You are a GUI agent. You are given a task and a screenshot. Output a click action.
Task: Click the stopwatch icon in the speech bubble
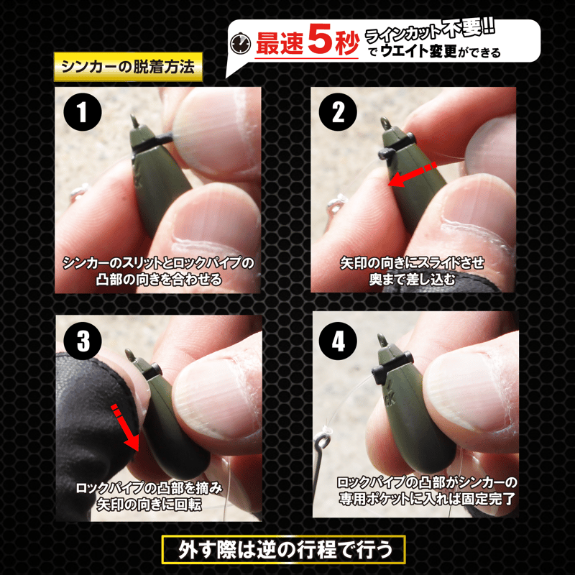coord(240,44)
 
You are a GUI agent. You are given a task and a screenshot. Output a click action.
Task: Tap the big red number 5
coord(321,40)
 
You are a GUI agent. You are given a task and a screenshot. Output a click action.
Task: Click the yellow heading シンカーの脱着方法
coord(128,66)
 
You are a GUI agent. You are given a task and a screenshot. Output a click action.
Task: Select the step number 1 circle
coord(83,112)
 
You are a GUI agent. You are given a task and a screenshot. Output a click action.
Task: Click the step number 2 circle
coord(338,112)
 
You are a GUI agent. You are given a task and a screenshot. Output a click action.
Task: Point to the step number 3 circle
coord(83,341)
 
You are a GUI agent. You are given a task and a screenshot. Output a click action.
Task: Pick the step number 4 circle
coord(338,341)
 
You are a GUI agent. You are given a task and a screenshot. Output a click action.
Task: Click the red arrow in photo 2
coord(412,175)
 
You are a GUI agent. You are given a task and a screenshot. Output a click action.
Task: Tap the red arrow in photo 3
coord(125,428)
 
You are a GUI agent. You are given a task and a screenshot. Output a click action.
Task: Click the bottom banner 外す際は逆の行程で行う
coord(283,550)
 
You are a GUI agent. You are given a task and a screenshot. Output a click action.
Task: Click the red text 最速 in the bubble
coord(280,44)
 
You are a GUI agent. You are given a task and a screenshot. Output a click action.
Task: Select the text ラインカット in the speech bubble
coord(403,34)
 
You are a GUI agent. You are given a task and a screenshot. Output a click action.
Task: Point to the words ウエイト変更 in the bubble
coord(419,51)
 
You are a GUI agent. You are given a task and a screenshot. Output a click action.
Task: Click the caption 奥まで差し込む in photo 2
coord(412,280)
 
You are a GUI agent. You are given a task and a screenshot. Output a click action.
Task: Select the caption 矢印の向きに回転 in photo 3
coord(149,505)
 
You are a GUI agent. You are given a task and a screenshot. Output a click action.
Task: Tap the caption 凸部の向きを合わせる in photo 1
coord(159,280)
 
